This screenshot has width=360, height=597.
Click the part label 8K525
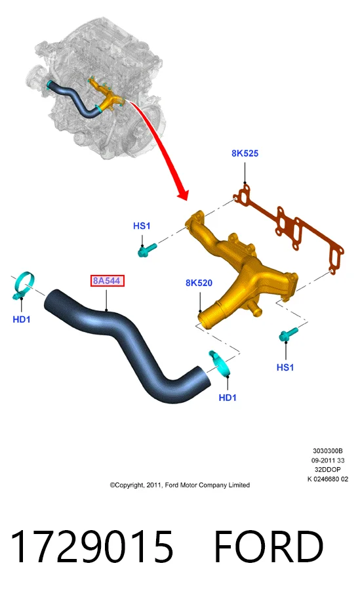[x=245, y=154]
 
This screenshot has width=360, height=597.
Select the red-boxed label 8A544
[x=107, y=281]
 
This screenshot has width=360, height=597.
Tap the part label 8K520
[x=199, y=283]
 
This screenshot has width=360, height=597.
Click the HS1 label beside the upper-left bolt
[x=142, y=226]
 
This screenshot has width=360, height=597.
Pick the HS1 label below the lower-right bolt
[x=285, y=367]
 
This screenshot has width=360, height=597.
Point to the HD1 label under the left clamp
[x=21, y=319]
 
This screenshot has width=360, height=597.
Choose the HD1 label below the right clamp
[x=228, y=398]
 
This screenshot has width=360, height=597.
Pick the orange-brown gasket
[x=290, y=228]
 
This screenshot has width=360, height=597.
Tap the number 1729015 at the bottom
[x=92, y=546]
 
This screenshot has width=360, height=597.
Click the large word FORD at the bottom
[x=269, y=546]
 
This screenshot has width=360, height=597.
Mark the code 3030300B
[x=328, y=451]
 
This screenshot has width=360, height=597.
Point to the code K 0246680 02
[x=328, y=479]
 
